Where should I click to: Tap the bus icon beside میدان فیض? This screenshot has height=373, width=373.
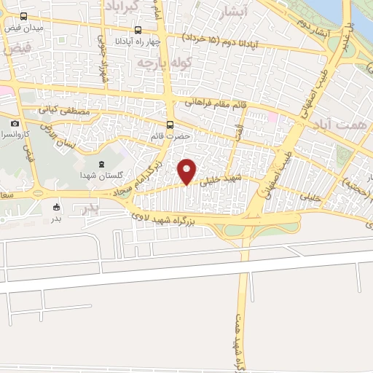click(x=23, y=16)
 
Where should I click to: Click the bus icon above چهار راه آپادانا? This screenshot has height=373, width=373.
click(x=138, y=31)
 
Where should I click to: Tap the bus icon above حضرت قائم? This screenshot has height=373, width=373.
click(x=170, y=125)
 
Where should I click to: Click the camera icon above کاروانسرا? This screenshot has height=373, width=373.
click(x=15, y=124)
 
